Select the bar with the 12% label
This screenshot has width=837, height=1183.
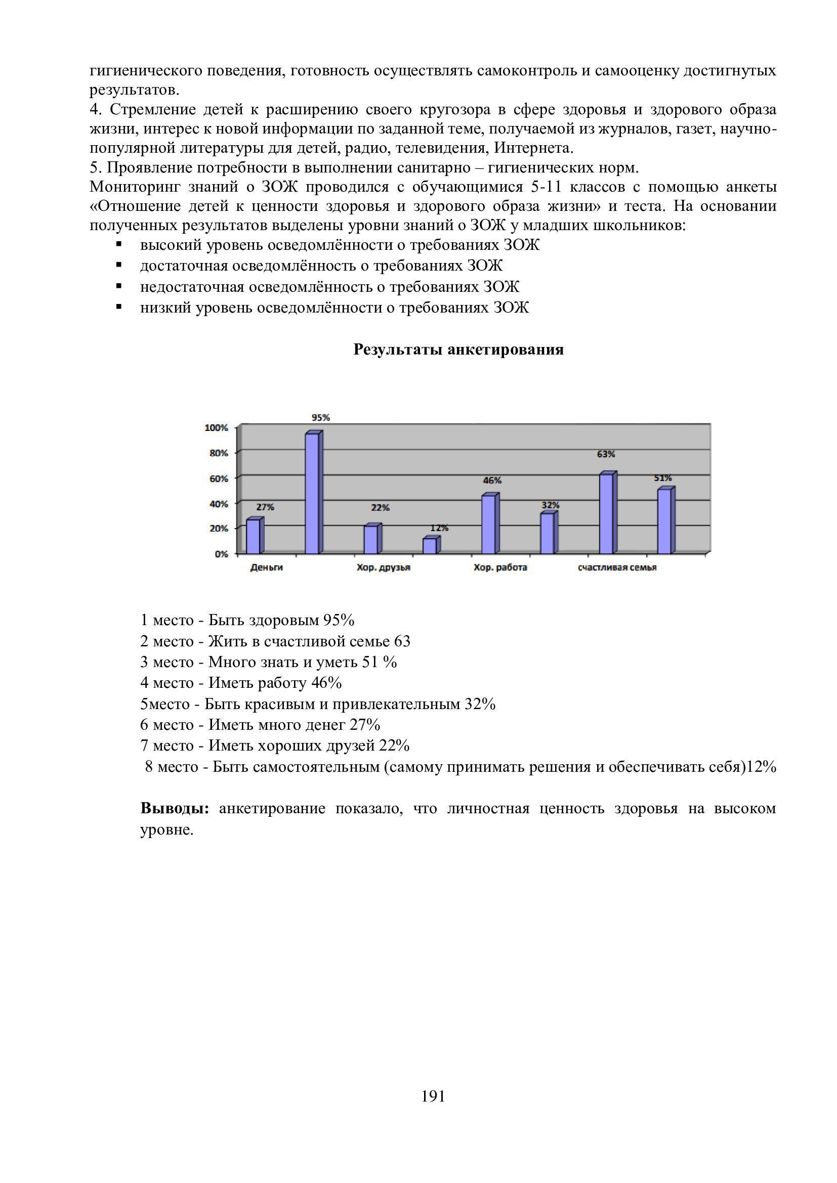[430, 546]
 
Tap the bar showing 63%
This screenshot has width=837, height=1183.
[606, 514]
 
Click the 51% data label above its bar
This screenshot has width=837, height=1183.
[663, 478]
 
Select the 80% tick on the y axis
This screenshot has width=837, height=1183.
[218, 453]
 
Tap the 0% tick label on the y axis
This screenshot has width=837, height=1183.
[221, 554]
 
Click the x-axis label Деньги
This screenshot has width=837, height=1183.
[267, 568]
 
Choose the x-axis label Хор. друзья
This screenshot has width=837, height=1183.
[384, 568]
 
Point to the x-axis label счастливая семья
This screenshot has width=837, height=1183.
[617, 568]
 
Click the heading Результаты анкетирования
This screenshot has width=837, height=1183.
[458, 350]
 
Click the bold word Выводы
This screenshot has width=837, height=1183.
[175, 808]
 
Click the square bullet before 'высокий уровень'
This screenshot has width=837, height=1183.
[119, 244]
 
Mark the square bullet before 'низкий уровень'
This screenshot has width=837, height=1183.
[119, 307]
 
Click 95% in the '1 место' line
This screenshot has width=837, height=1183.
[339, 621]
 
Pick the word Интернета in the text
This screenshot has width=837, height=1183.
[533, 148]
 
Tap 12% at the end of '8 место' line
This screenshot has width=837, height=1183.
[761, 767]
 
